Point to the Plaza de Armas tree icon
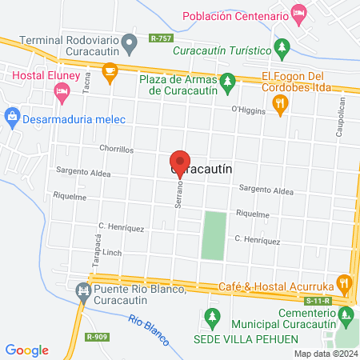click(228, 80)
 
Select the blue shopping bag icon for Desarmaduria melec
click(12, 118)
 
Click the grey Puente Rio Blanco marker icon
click(82, 290)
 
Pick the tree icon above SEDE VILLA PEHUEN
click(212, 317)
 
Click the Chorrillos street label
click(116, 149)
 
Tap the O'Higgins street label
click(247, 110)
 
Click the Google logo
click(27, 350)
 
